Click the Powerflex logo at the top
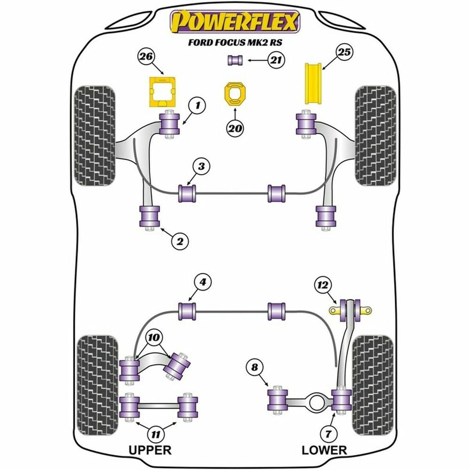click(234, 22)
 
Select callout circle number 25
click(343, 52)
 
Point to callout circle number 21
click(276, 60)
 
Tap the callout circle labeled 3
click(201, 166)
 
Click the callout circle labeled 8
click(255, 367)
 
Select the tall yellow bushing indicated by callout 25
click(313, 89)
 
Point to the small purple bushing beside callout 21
click(235, 60)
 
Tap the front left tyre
click(95, 136)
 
